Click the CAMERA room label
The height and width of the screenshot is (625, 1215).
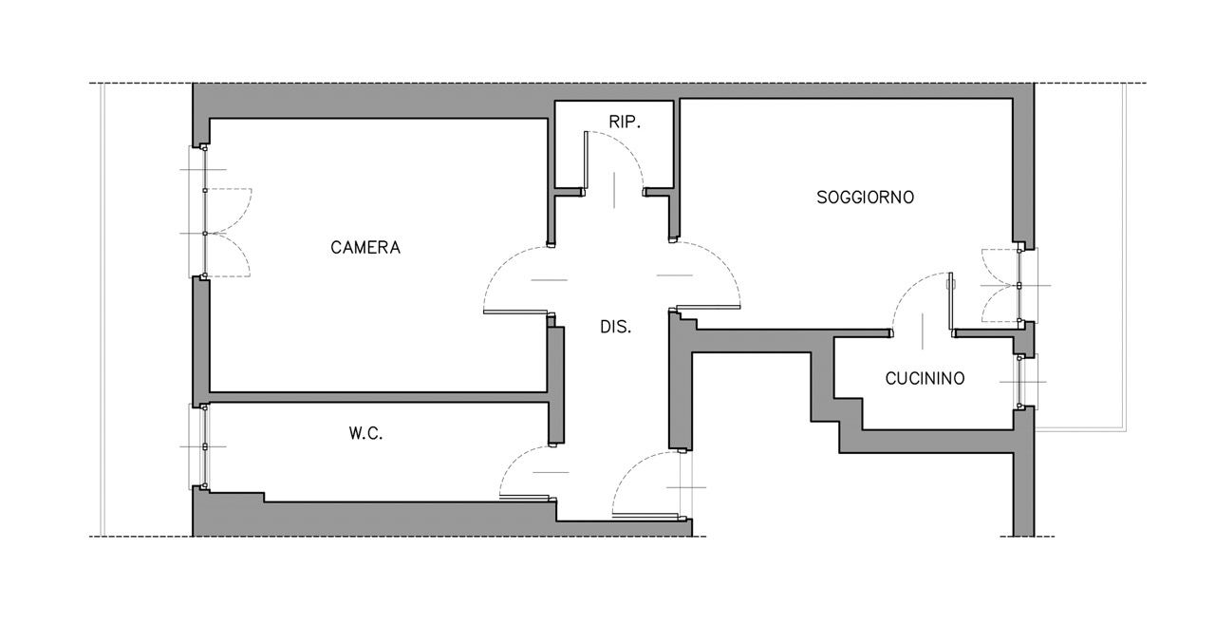coord(365,247)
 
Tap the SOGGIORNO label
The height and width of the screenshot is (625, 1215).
coord(865,197)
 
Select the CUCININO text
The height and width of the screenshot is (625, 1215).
coord(925,378)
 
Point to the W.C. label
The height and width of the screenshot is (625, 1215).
coord(365,433)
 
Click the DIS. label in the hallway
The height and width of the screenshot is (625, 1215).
coord(616,327)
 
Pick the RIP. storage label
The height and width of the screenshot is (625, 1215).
coord(625,123)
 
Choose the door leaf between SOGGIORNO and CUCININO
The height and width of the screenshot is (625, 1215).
coord(951,301)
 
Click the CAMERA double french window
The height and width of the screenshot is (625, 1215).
coord(205,212)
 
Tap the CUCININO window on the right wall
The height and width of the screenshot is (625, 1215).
coord(1020,382)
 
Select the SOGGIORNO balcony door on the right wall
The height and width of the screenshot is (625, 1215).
coord(1019,285)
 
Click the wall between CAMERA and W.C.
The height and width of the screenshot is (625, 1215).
coord(378,397)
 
